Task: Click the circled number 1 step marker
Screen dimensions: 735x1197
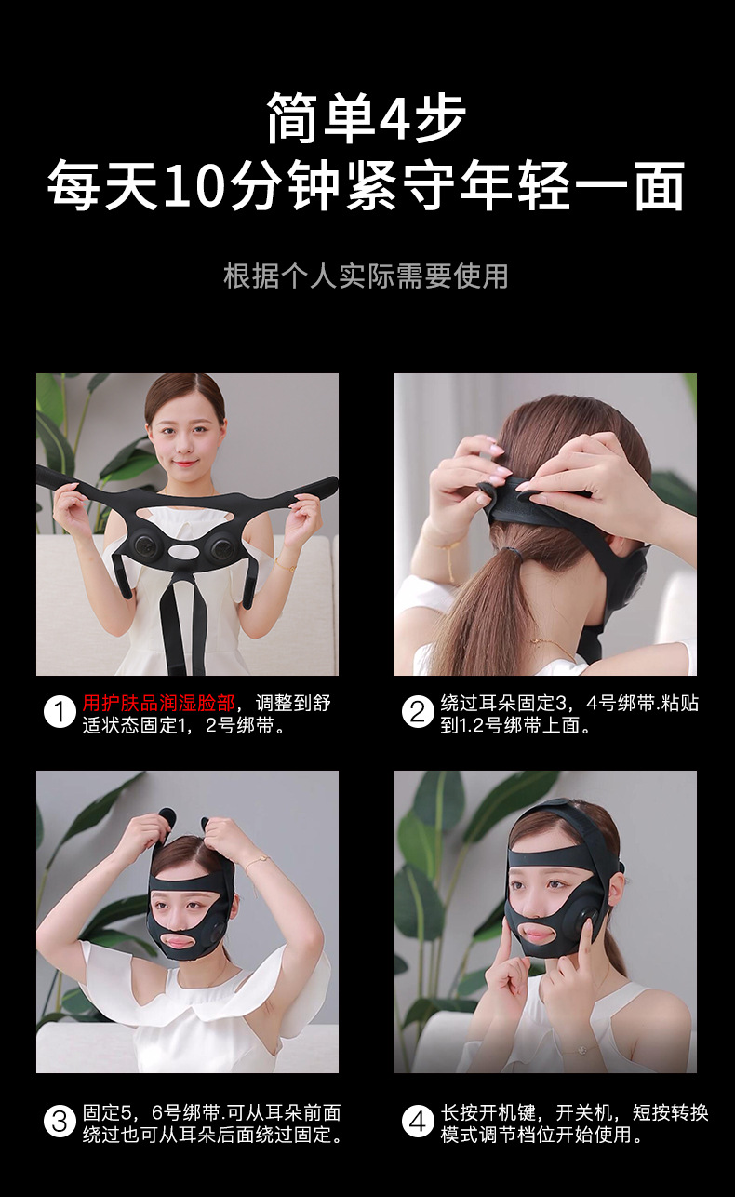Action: click(x=60, y=712)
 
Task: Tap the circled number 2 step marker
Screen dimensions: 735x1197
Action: click(x=418, y=712)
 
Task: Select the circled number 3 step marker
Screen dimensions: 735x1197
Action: click(x=60, y=1121)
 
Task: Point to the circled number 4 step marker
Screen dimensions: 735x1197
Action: click(x=418, y=1121)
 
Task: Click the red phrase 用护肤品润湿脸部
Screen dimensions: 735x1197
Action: click(x=159, y=703)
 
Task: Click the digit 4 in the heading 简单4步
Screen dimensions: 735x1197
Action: click(x=394, y=118)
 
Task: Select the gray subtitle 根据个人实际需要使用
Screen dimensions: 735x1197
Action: click(x=367, y=276)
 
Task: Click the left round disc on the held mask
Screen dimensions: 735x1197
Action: click(x=145, y=545)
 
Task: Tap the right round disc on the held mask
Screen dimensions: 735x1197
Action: click(x=221, y=546)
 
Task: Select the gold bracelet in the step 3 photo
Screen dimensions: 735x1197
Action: click(x=257, y=861)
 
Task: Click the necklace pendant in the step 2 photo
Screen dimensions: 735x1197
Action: click(x=535, y=639)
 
